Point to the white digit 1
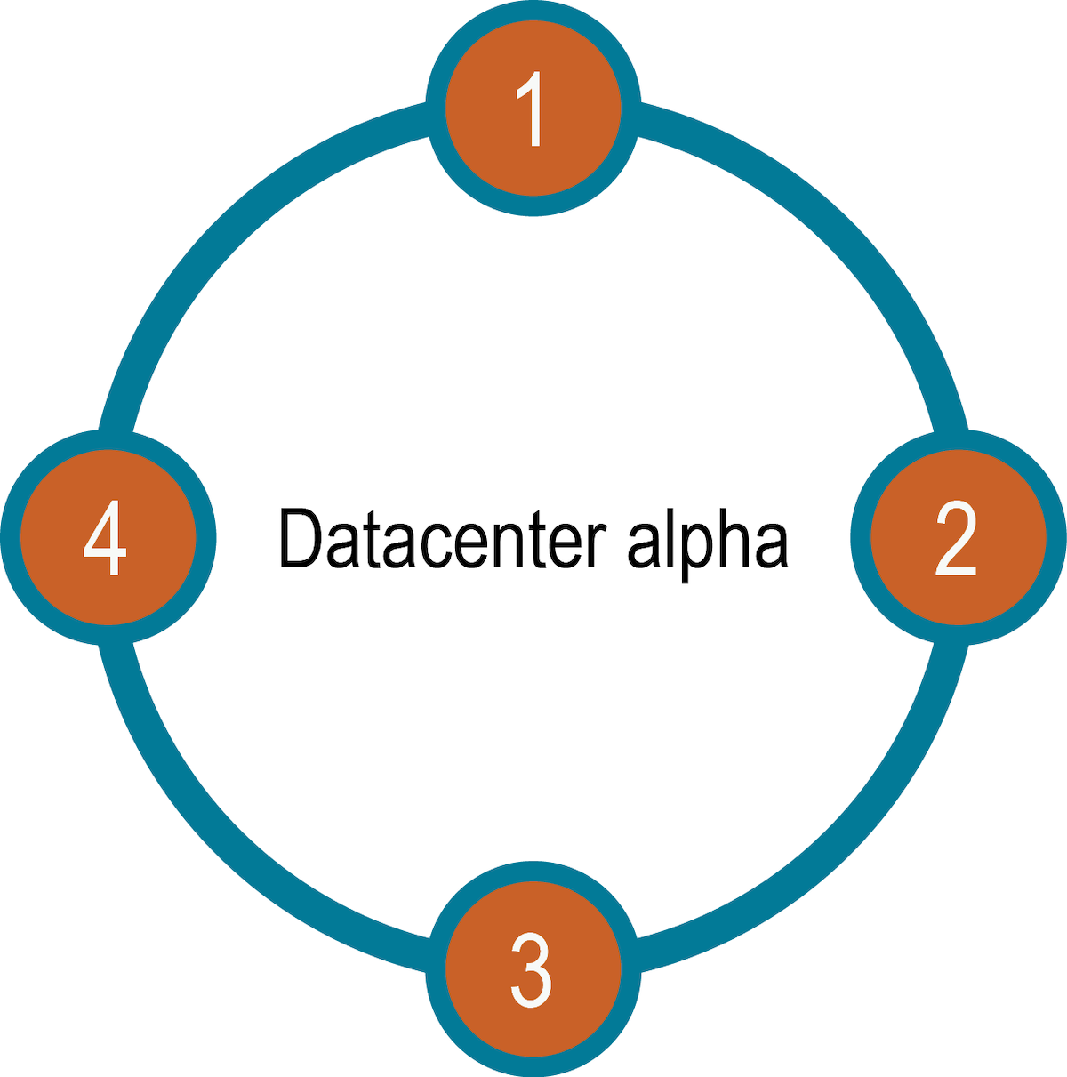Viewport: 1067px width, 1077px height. click(531, 108)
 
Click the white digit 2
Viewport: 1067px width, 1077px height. click(956, 537)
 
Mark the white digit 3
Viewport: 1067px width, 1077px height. click(532, 969)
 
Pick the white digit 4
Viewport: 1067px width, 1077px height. click(105, 538)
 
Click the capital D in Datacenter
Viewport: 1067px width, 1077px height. click(300, 538)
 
